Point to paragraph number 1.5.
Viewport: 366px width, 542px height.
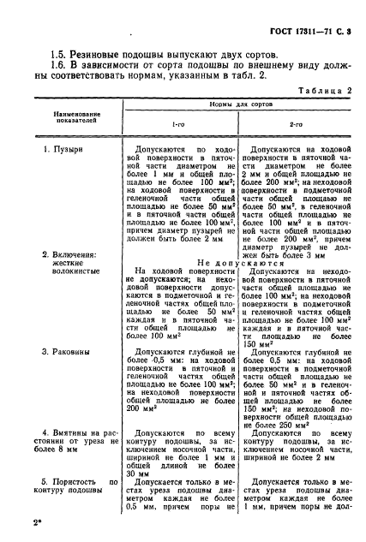coord(60,54)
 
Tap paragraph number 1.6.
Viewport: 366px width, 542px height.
coord(60,68)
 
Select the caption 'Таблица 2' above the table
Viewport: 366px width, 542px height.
coord(312,99)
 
